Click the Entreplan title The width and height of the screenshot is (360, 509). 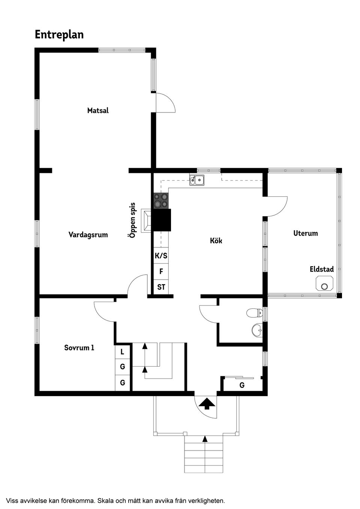click(59, 35)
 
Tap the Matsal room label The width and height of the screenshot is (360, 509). click(98, 111)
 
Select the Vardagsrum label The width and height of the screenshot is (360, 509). click(88, 235)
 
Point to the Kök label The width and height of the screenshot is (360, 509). click(216, 240)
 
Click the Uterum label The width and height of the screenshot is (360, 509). click(306, 233)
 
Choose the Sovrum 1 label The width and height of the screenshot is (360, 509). click(79, 348)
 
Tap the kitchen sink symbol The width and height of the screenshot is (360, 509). click(197, 180)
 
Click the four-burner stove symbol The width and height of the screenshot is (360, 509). click(161, 201)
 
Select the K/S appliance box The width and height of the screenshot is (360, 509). click(161, 255)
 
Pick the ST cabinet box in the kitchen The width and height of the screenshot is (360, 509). click(161, 287)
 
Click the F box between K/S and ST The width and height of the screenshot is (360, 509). click(161, 271)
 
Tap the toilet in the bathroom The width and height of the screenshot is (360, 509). click(254, 313)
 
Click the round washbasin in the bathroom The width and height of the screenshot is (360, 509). click(257, 329)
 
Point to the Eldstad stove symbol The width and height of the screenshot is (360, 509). click(324, 283)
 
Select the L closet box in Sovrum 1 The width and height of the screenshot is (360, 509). click(122, 352)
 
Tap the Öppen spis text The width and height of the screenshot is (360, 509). click(132, 220)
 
